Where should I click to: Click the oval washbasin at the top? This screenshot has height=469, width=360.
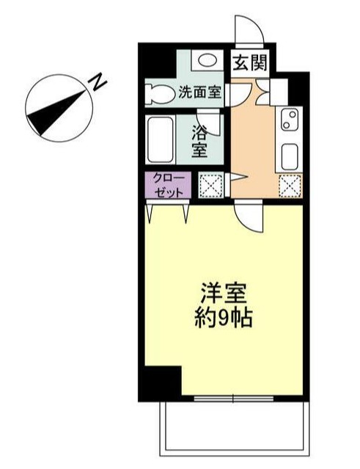tap(208, 61)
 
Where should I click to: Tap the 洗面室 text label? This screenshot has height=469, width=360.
tap(202, 93)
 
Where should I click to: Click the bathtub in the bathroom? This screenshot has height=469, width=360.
tap(159, 139)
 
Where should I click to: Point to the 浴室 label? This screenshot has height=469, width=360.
tap(199, 142)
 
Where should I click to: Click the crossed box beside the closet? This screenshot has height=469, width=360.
tap(211, 185)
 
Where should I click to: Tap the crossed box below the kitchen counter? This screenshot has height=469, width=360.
tap(290, 186)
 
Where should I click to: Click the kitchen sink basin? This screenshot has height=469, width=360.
tap(290, 156)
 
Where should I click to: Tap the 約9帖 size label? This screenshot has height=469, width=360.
tap(223, 318)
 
